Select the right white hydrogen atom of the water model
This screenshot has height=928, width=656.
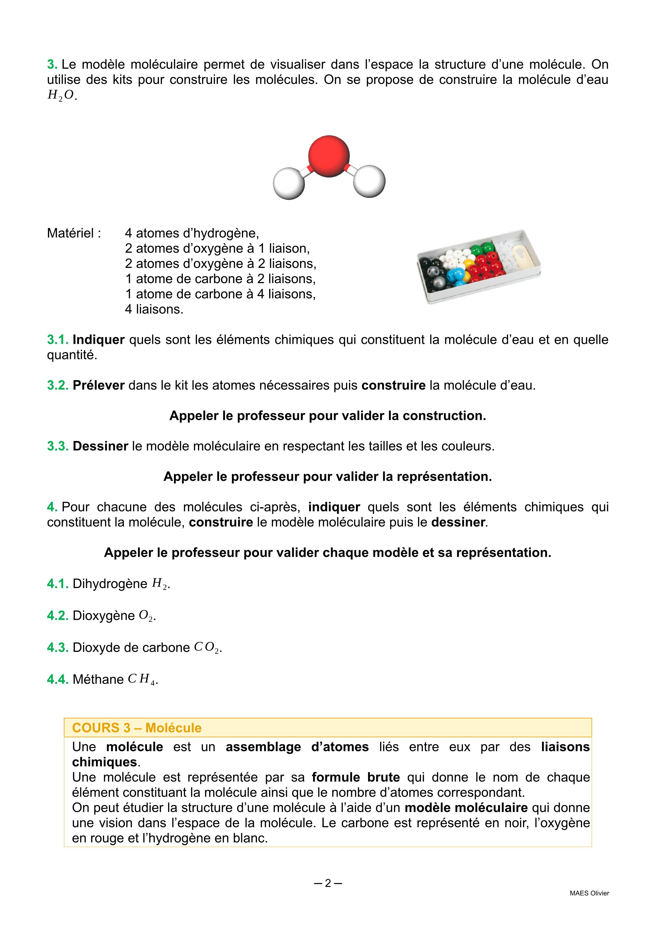coord(369,181)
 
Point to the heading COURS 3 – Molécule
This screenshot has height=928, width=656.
coord(136,728)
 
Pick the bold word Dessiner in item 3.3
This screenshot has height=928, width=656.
coord(100,446)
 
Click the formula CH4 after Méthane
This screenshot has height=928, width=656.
coord(142,679)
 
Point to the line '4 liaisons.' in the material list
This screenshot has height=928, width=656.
coord(154,309)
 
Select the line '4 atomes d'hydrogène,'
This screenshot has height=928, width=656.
coord(192,233)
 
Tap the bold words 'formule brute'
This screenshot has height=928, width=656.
coord(356,777)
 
